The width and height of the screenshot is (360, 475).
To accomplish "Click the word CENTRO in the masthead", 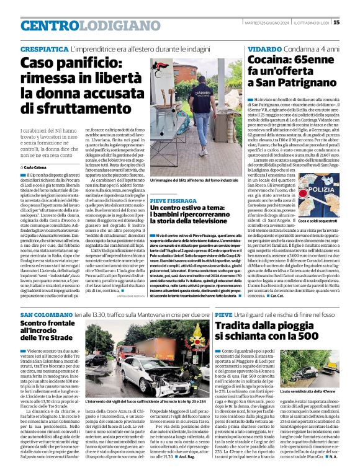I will pos(50,25).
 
